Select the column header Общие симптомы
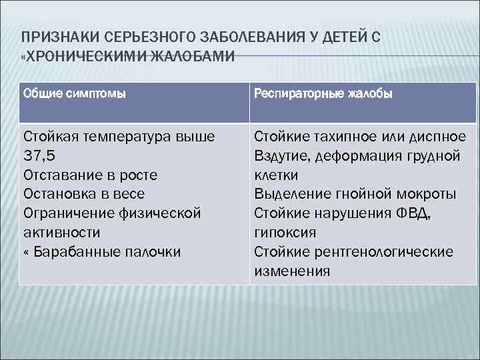(x=74, y=93)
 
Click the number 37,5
(x=41, y=156)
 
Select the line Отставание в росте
(x=90, y=175)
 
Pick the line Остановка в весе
(x=84, y=194)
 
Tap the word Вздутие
(x=279, y=156)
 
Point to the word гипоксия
(x=285, y=233)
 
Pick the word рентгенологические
(x=379, y=252)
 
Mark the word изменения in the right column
(x=292, y=271)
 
